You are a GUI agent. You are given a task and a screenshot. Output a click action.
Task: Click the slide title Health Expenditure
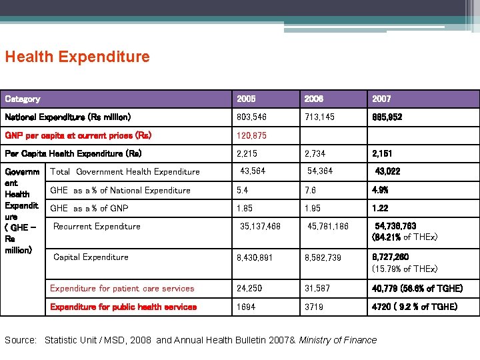[77, 57]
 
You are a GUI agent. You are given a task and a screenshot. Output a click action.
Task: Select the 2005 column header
[246, 99]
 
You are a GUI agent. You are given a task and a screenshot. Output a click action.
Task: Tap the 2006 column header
[314, 99]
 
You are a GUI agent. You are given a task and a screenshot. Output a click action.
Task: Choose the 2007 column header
[381, 99]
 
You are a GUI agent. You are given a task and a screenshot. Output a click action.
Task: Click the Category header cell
[23, 99]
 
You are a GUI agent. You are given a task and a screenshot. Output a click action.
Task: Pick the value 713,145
[319, 117]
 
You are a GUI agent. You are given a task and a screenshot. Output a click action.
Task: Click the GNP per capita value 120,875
[252, 135]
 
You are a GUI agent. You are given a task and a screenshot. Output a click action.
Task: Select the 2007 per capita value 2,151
[383, 153]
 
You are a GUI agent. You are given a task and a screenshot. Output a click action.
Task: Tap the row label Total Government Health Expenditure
[125, 172]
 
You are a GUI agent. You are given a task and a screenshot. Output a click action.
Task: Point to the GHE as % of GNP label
[89, 208]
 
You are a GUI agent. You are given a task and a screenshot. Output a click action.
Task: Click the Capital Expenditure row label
[91, 257]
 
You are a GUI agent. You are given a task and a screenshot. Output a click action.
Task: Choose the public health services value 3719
[313, 307]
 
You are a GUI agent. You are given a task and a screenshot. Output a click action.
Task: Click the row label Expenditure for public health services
[123, 307]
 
